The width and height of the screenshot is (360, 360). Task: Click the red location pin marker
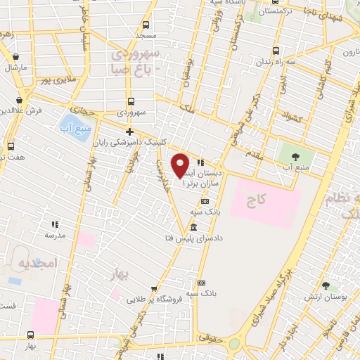[x=181, y=165]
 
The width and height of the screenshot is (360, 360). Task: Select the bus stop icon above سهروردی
[x=131, y=101]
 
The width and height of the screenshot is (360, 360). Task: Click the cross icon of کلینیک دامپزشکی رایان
[x=129, y=131]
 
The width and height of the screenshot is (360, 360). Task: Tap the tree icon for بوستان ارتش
[x=326, y=285]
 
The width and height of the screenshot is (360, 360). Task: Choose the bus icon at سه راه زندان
[x=275, y=51]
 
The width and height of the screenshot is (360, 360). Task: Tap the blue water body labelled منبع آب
[x=77, y=127]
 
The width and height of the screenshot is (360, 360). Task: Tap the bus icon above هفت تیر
[x=11, y=146]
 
